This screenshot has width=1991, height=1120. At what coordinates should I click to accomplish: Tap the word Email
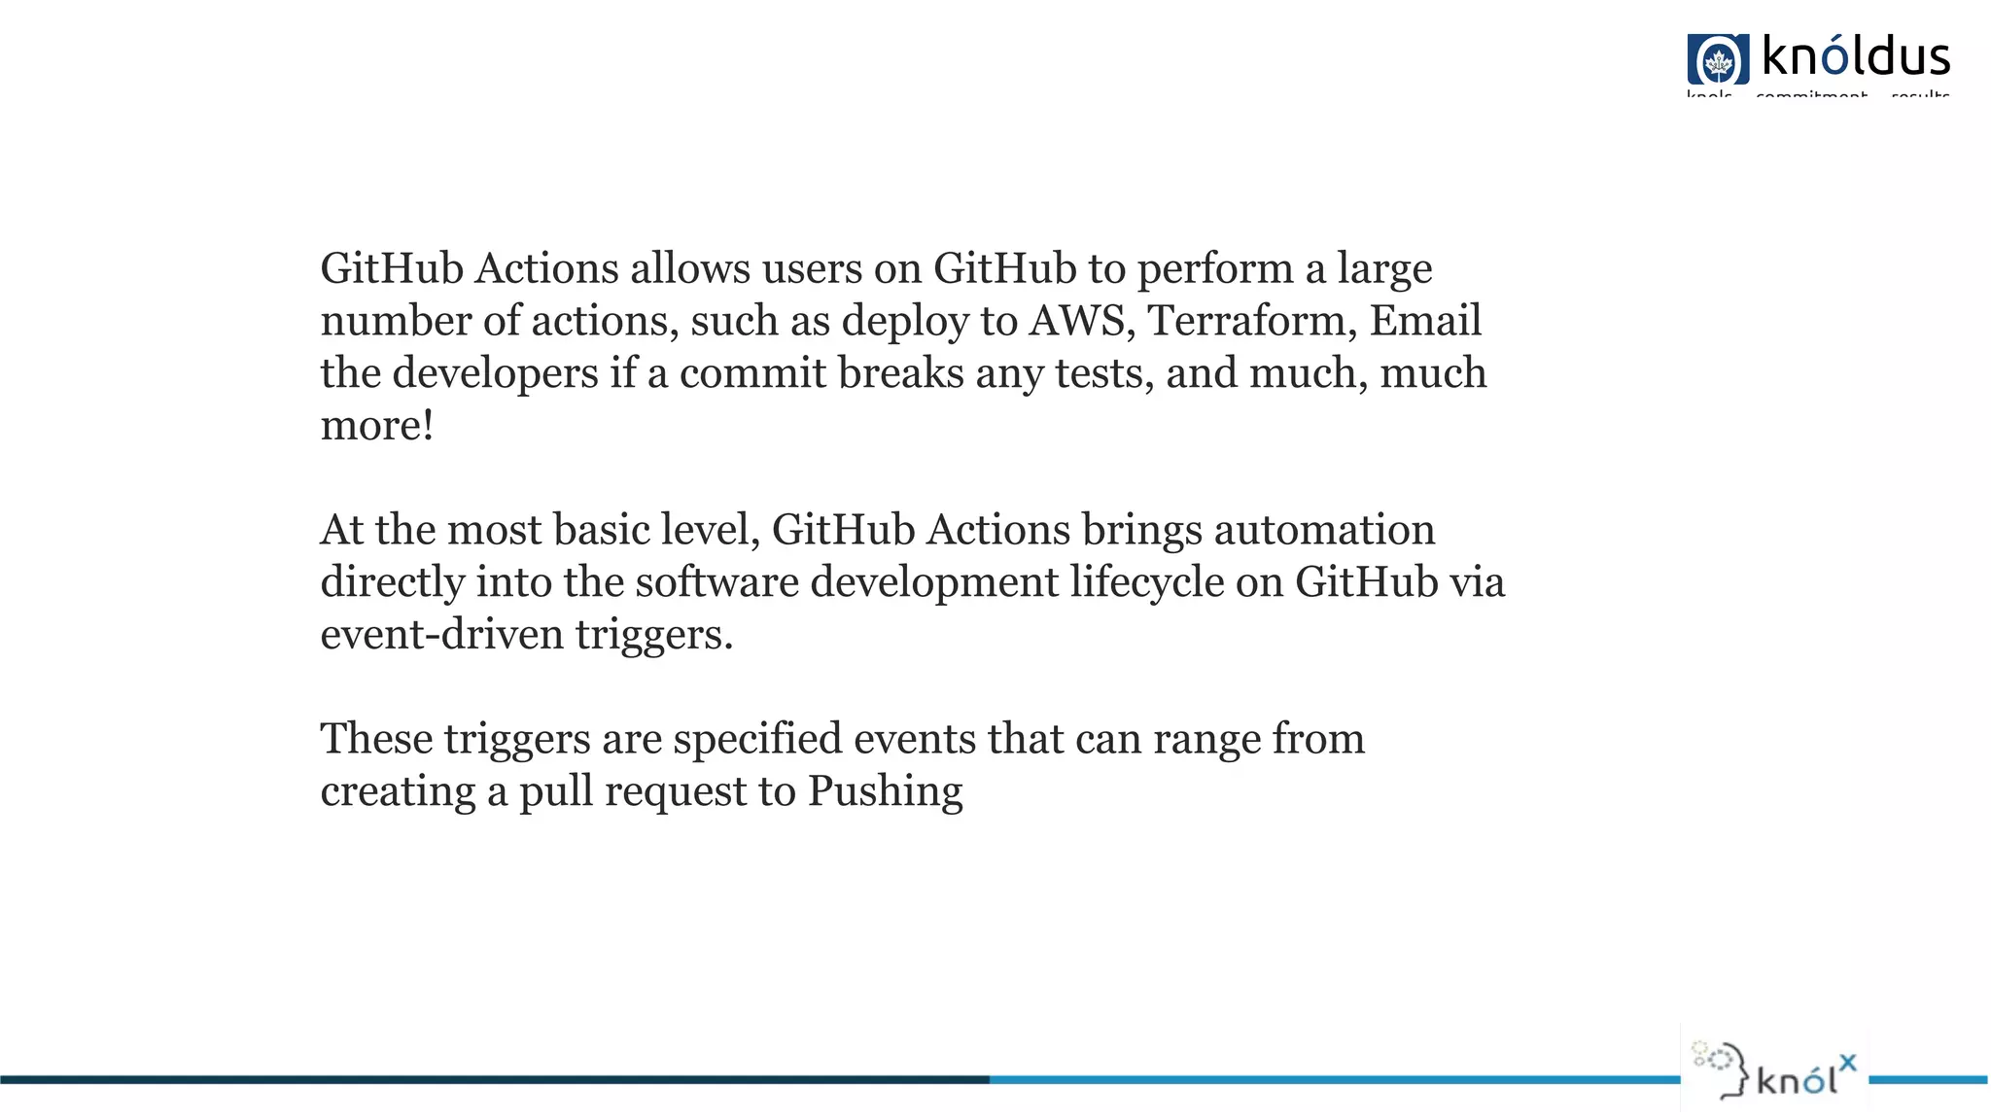1425,321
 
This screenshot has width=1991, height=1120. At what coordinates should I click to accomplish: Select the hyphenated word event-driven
442,635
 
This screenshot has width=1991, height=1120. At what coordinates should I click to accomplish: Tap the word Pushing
885,792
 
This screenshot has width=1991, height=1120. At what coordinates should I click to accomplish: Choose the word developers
495,373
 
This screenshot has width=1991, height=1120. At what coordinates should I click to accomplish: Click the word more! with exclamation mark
377,426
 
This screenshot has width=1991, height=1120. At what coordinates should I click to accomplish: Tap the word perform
1215,269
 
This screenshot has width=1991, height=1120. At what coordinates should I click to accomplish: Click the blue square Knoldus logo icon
1718,59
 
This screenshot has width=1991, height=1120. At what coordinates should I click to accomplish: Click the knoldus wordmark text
1855,56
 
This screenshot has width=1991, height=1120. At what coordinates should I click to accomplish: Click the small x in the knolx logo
1847,1063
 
